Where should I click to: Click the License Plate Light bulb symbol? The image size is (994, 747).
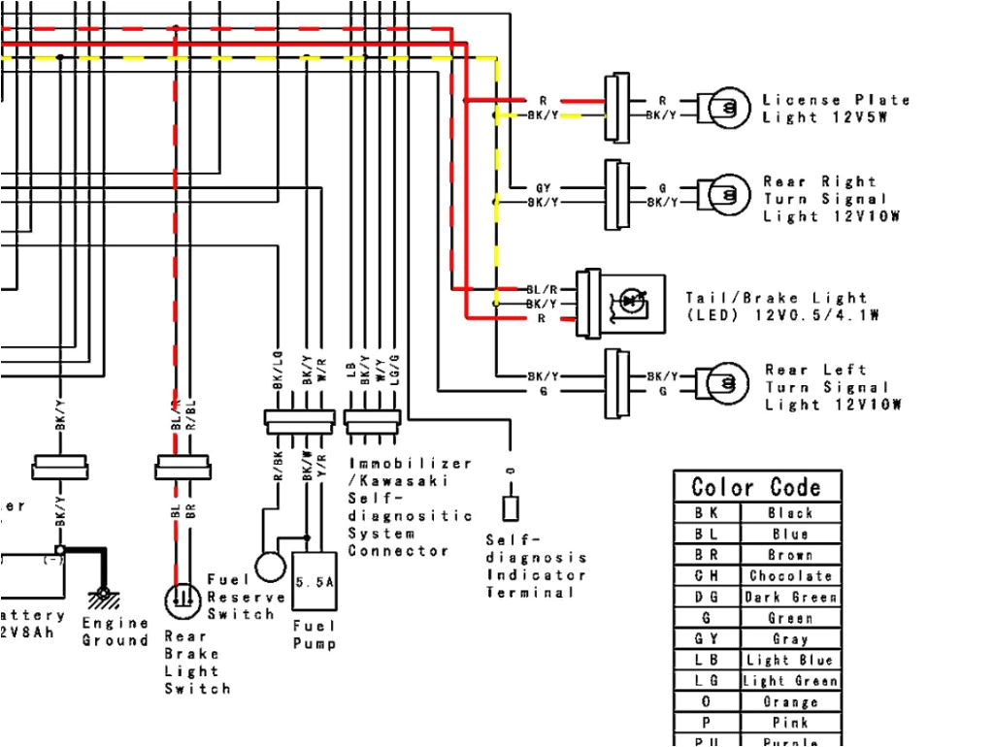[x=729, y=107]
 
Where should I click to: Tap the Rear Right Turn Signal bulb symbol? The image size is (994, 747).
[x=729, y=194]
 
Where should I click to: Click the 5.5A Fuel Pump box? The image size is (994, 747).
[x=315, y=588]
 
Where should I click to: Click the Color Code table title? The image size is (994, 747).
[x=756, y=487]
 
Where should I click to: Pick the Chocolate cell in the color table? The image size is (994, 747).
[x=790, y=575]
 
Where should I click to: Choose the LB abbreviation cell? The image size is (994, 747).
[x=706, y=660]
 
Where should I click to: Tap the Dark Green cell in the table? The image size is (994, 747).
[x=790, y=597]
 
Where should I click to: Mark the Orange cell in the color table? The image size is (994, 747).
[x=790, y=701]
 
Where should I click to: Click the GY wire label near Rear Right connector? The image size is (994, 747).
[x=543, y=187]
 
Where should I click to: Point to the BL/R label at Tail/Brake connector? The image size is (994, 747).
[x=542, y=290]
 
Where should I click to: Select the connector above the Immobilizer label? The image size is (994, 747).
[x=374, y=418]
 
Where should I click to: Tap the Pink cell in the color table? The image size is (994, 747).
[x=790, y=723]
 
